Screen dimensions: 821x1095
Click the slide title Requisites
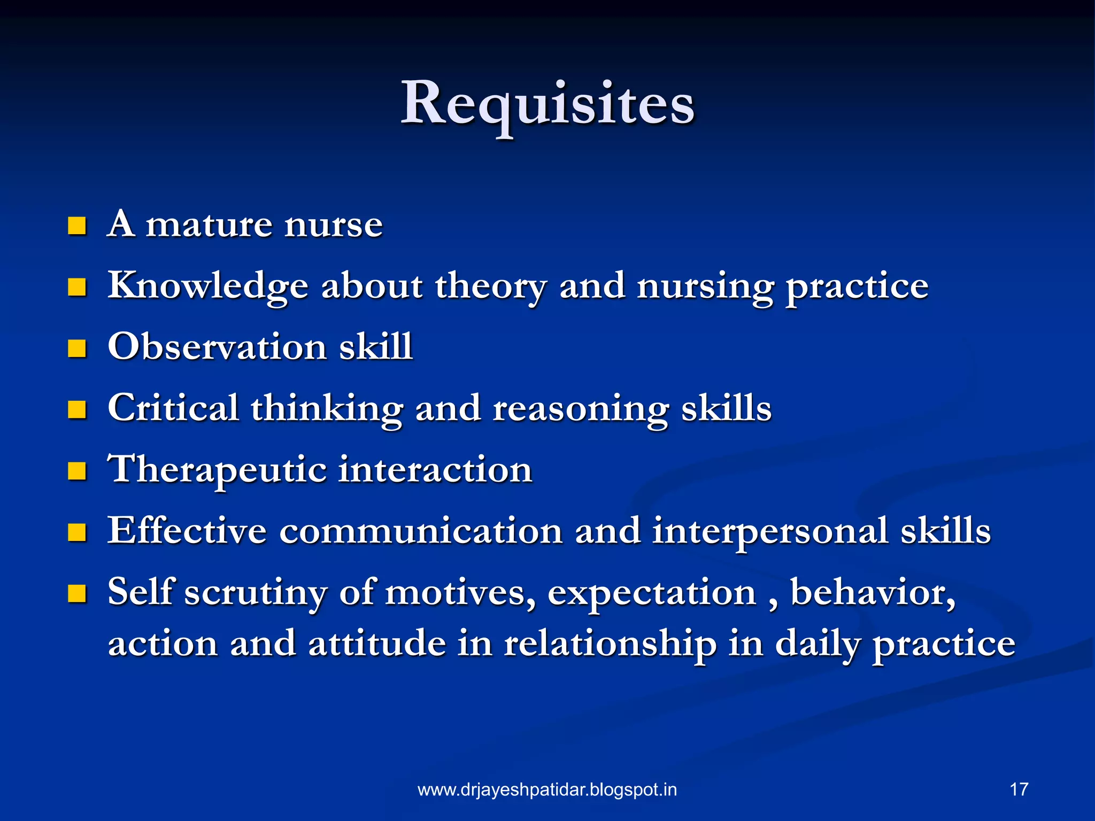click(x=547, y=103)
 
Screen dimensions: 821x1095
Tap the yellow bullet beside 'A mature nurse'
click(x=78, y=226)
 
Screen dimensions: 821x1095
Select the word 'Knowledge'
click(x=208, y=286)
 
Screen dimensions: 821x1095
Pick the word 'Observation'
click(x=217, y=346)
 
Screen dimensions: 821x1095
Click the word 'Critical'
click(x=173, y=408)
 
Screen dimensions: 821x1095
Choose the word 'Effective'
click(x=187, y=530)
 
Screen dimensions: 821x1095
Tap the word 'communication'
click(x=421, y=531)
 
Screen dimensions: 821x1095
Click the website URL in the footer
click(x=547, y=789)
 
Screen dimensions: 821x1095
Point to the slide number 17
click(x=1019, y=789)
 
